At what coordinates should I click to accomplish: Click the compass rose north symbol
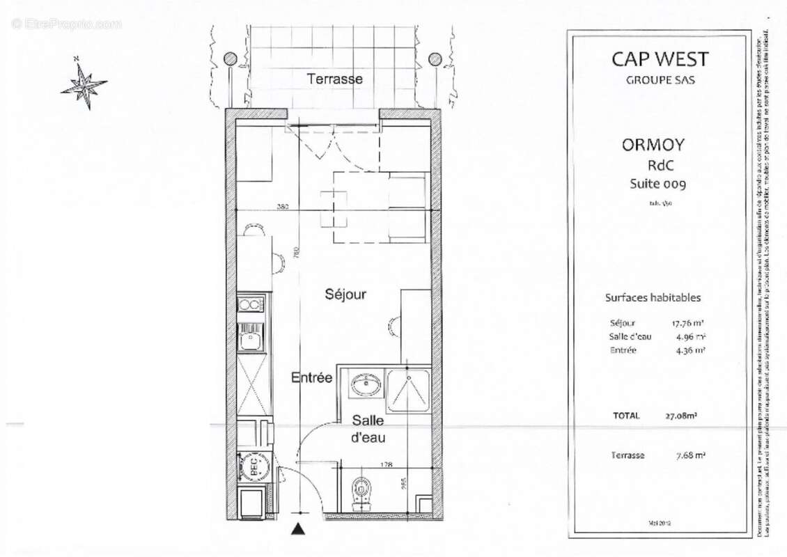pos(84,85)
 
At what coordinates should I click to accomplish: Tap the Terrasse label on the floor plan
pos(335,79)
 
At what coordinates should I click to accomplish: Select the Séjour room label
pos(345,294)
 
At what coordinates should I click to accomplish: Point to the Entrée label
pos(311,377)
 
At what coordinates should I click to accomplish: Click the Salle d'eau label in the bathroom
pos(368,429)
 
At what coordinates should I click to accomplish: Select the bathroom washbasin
pos(362,384)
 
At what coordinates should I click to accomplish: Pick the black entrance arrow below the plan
pos(299,530)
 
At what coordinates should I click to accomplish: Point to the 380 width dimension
pos(282,207)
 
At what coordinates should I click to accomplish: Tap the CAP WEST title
pos(659,59)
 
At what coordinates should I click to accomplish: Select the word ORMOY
pos(652,145)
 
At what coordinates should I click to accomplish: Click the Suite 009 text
pos(657,184)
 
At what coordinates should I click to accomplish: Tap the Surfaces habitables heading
pos(652,297)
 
